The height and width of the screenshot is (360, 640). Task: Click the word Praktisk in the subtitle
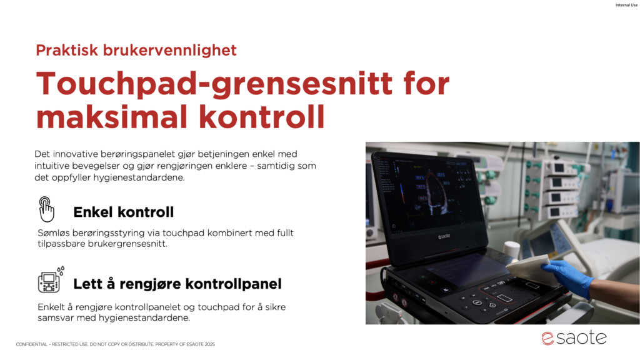point(67,50)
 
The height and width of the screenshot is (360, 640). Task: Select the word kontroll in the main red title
point(262,117)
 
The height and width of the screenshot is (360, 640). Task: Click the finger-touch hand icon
point(46,209)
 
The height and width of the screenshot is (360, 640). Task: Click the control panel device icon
point(51,280)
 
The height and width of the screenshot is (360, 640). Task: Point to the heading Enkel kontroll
point(124,212)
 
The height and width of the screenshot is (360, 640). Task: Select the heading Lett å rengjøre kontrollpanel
point(177,284)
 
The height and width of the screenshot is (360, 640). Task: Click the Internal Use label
point(626,5)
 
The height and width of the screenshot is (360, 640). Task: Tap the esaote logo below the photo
point(574,338)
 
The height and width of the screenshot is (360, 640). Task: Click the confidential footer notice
point(116,344)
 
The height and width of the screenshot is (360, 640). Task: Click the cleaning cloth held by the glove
point(531,267)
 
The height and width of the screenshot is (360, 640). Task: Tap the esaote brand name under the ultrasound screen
point(444,236)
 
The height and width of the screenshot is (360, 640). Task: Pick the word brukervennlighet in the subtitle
point(170,50)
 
